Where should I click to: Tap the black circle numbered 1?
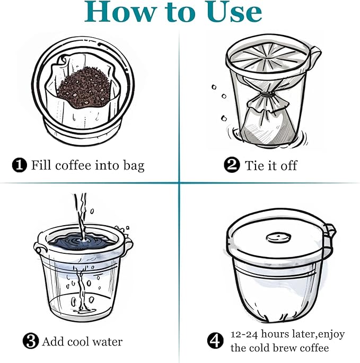coord(19,165)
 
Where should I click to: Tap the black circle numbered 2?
coord(231,165)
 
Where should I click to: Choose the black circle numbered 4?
coord(215,341)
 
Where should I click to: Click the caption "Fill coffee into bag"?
coord(87,165)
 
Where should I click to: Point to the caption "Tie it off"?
coord(271,165)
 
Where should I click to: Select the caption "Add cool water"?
coord(82,341)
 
